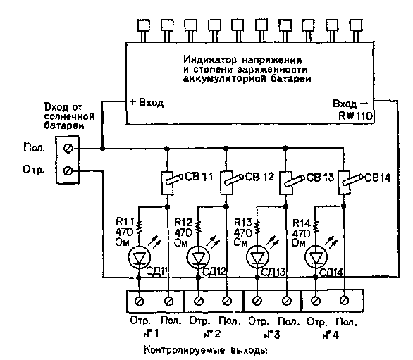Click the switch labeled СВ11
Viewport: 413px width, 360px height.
[x=171, y=182]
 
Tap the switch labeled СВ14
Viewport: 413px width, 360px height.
[x=348, y=182]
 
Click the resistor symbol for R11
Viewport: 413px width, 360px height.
[x=139, y=226]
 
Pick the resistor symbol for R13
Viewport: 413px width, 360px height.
[x=257, y=226]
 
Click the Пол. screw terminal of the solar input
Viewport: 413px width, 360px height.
[x=68, y=149]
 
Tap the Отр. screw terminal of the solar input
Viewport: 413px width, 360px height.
[x=68, y=171]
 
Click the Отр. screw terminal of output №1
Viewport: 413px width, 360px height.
[x=140, y=302]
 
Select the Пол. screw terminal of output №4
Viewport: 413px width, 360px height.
[x=345, y=300]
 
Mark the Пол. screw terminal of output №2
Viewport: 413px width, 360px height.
[x=227, y=301]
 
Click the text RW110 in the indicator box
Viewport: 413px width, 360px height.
[x=356, y=116]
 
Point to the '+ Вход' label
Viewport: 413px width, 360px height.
[x=147, y=102]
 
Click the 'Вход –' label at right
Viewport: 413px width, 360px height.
[x=350, y=104]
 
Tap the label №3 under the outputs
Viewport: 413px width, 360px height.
[x=272, y=335]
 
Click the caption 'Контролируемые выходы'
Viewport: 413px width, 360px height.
[x=206, y=351]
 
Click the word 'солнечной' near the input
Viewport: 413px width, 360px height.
[x=69, y=116]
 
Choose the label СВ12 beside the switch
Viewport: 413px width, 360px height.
[x=259, y=177]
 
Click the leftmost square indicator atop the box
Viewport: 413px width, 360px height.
[x=144, y=26]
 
